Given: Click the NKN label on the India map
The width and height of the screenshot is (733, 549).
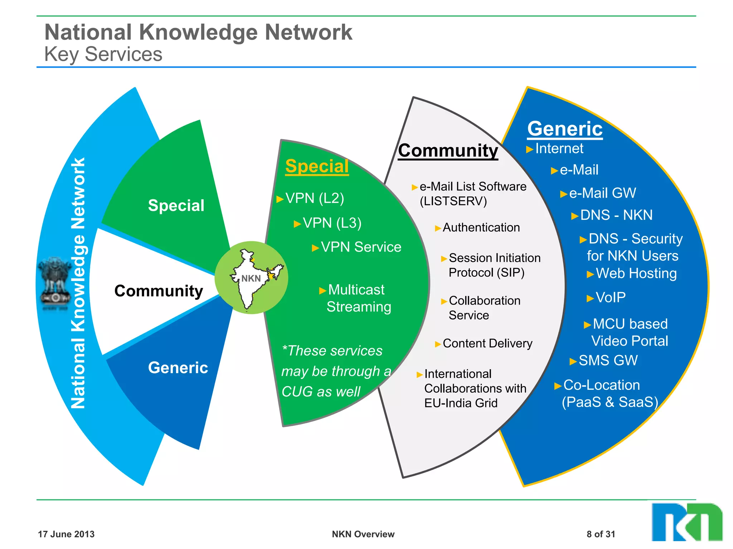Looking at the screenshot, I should tap(251, 278).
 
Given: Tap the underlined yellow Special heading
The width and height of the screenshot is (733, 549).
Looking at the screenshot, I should tap(317, 167).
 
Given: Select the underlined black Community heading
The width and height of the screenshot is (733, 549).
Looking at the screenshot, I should tap(448, 150).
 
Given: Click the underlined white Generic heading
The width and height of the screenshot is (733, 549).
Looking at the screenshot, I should tap(565, 129).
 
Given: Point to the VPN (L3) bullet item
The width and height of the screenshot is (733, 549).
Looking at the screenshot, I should tap(332, 223).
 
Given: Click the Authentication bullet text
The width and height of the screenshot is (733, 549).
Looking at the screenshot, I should tap(481, 228).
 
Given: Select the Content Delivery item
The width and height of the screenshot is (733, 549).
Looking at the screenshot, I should tap(487, 343).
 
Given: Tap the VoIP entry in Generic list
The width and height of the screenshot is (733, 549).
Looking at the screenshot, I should tap(610, 297).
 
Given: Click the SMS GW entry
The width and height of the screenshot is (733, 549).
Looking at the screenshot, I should tap(608, 360).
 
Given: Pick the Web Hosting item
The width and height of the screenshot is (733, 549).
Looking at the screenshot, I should tap(636, 273).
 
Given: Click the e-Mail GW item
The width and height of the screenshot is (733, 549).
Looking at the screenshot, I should tap(602, 193).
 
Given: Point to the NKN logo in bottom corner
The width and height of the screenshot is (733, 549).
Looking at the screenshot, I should tap(686, 522).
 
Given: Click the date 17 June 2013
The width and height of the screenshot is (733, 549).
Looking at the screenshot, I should tap(66, 534).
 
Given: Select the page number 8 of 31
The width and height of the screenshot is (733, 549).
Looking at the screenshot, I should tap(601, 534).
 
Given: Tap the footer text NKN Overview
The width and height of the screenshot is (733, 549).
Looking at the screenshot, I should tap(363, 534).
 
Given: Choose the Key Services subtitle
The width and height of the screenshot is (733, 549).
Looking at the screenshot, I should tap(103, 54).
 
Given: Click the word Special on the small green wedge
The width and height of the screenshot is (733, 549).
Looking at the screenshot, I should tap(176, 206).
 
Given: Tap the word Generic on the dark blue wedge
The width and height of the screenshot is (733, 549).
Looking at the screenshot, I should tap(178, 368).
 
